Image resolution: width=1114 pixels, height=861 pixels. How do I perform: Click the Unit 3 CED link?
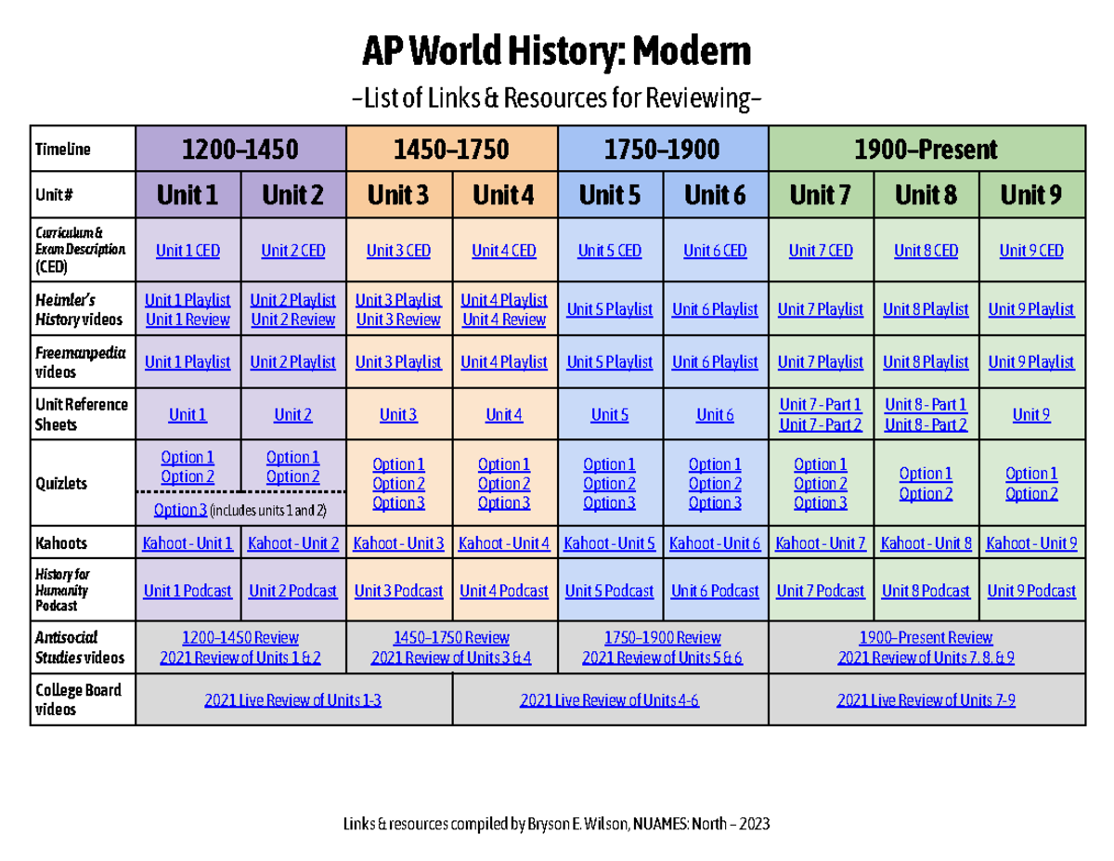click(x=398, y=251)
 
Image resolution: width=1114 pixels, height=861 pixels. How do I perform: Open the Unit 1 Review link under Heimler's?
click(x=188, y=320)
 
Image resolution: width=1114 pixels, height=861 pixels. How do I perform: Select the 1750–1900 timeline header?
click(x=663, y=149)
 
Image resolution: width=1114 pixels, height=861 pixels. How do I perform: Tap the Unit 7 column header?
click(x=821, y=195)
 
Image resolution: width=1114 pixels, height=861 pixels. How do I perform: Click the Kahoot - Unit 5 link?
click(x=610, y=543)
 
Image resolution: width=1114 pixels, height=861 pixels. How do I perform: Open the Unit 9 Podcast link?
click(x=1031, y=591)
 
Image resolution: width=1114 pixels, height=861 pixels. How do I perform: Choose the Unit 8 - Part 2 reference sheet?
click(x=926, y=424)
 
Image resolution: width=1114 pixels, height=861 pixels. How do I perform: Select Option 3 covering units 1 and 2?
click(x=180, y=509)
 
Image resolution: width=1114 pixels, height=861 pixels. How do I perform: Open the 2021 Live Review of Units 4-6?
click(x=610, y=700)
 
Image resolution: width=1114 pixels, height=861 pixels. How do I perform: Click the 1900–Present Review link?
click(x=926, y=638)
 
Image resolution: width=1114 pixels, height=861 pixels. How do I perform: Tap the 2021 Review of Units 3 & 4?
click(x=451, y=658)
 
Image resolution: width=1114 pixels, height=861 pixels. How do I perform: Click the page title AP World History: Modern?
click(x=556, y=54)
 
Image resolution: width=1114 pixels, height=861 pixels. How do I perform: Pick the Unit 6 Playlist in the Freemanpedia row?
click(x=715, y=362)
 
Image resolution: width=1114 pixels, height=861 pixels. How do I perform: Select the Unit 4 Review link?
click(x=504, y=320)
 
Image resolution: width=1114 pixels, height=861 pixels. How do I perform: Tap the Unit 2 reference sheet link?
click(x=292, y=415)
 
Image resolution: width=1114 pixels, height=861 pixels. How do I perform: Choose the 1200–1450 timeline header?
click(x=240, y=149)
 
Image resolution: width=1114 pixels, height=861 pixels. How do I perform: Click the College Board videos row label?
click(x=78, y=700)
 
